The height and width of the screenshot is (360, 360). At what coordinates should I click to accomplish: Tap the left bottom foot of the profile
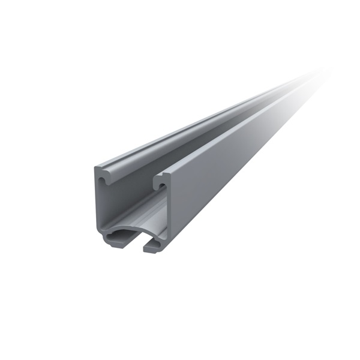click(x=113, y=241)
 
